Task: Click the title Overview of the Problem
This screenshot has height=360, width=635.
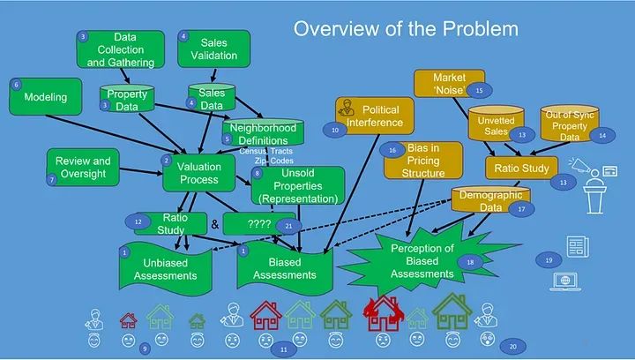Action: (x=405, y=29)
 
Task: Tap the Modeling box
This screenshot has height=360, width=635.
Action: (x=44, y=96)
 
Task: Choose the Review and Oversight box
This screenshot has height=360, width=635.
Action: (x=82, y=167)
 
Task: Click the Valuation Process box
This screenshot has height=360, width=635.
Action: (x=199, y=172)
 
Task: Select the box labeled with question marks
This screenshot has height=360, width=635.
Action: (x=259, y=223)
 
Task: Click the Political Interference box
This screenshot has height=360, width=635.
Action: (x=370, y=116)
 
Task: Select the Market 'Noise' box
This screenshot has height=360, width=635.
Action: (x=449, y=84)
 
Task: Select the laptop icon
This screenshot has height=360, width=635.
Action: (x=562, y=281)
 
